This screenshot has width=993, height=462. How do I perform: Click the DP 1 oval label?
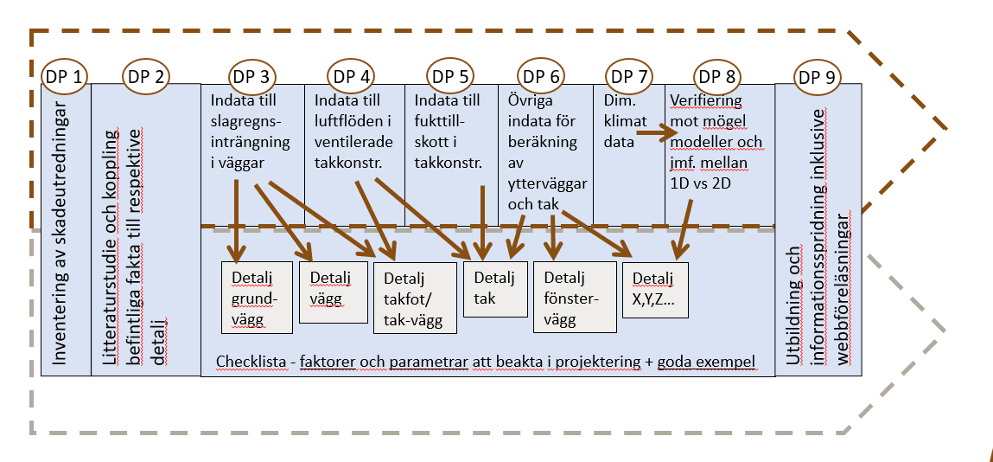66,77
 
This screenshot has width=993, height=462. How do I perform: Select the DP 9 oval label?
817,77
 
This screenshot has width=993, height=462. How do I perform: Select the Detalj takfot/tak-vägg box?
413,299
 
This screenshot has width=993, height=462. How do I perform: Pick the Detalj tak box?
495,289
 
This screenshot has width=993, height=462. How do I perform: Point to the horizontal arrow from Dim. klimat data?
658,134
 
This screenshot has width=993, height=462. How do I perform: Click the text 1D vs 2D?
702,182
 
